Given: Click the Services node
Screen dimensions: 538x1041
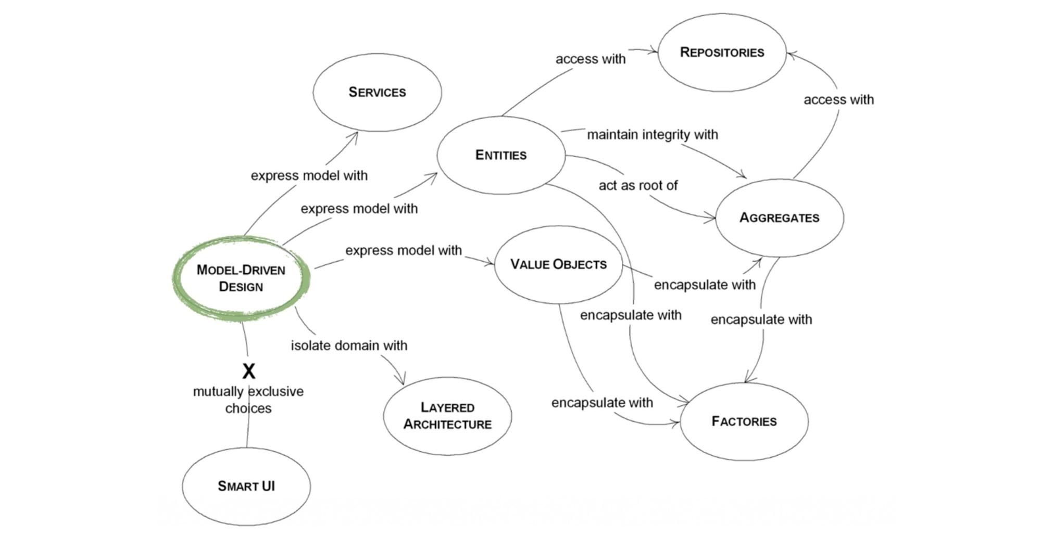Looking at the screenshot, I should point(377,92).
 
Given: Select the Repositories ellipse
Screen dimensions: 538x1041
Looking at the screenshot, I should point(722,52).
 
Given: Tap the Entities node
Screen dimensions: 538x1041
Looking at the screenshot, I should point(500,155).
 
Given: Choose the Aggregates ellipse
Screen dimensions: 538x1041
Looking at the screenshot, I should point(779,217).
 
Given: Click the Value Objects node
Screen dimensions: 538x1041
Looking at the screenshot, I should point(558,264).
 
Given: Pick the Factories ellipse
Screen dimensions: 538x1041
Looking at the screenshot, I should point(744,421).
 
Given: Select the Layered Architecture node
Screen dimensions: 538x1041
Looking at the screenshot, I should point(447,416).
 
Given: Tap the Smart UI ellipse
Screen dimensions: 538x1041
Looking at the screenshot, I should point(246,486).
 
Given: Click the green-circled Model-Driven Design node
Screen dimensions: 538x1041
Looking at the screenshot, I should point(241,278).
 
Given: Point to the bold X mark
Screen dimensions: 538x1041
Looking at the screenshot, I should point(249,372).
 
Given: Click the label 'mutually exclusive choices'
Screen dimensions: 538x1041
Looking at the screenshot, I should point(248,400).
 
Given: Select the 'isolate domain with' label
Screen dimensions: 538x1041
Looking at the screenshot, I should point(349,345).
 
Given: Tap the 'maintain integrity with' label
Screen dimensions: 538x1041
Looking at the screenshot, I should point(653,135).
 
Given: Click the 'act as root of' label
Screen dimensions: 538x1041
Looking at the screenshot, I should point(638,185).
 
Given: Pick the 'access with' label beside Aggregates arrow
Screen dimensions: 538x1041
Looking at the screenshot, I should point(838,100).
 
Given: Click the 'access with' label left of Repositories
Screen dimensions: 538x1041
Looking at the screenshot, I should point(591,59).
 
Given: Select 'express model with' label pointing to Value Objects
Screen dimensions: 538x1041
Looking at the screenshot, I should point(404,251).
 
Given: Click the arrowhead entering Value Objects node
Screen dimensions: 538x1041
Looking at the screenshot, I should point(491,264).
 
